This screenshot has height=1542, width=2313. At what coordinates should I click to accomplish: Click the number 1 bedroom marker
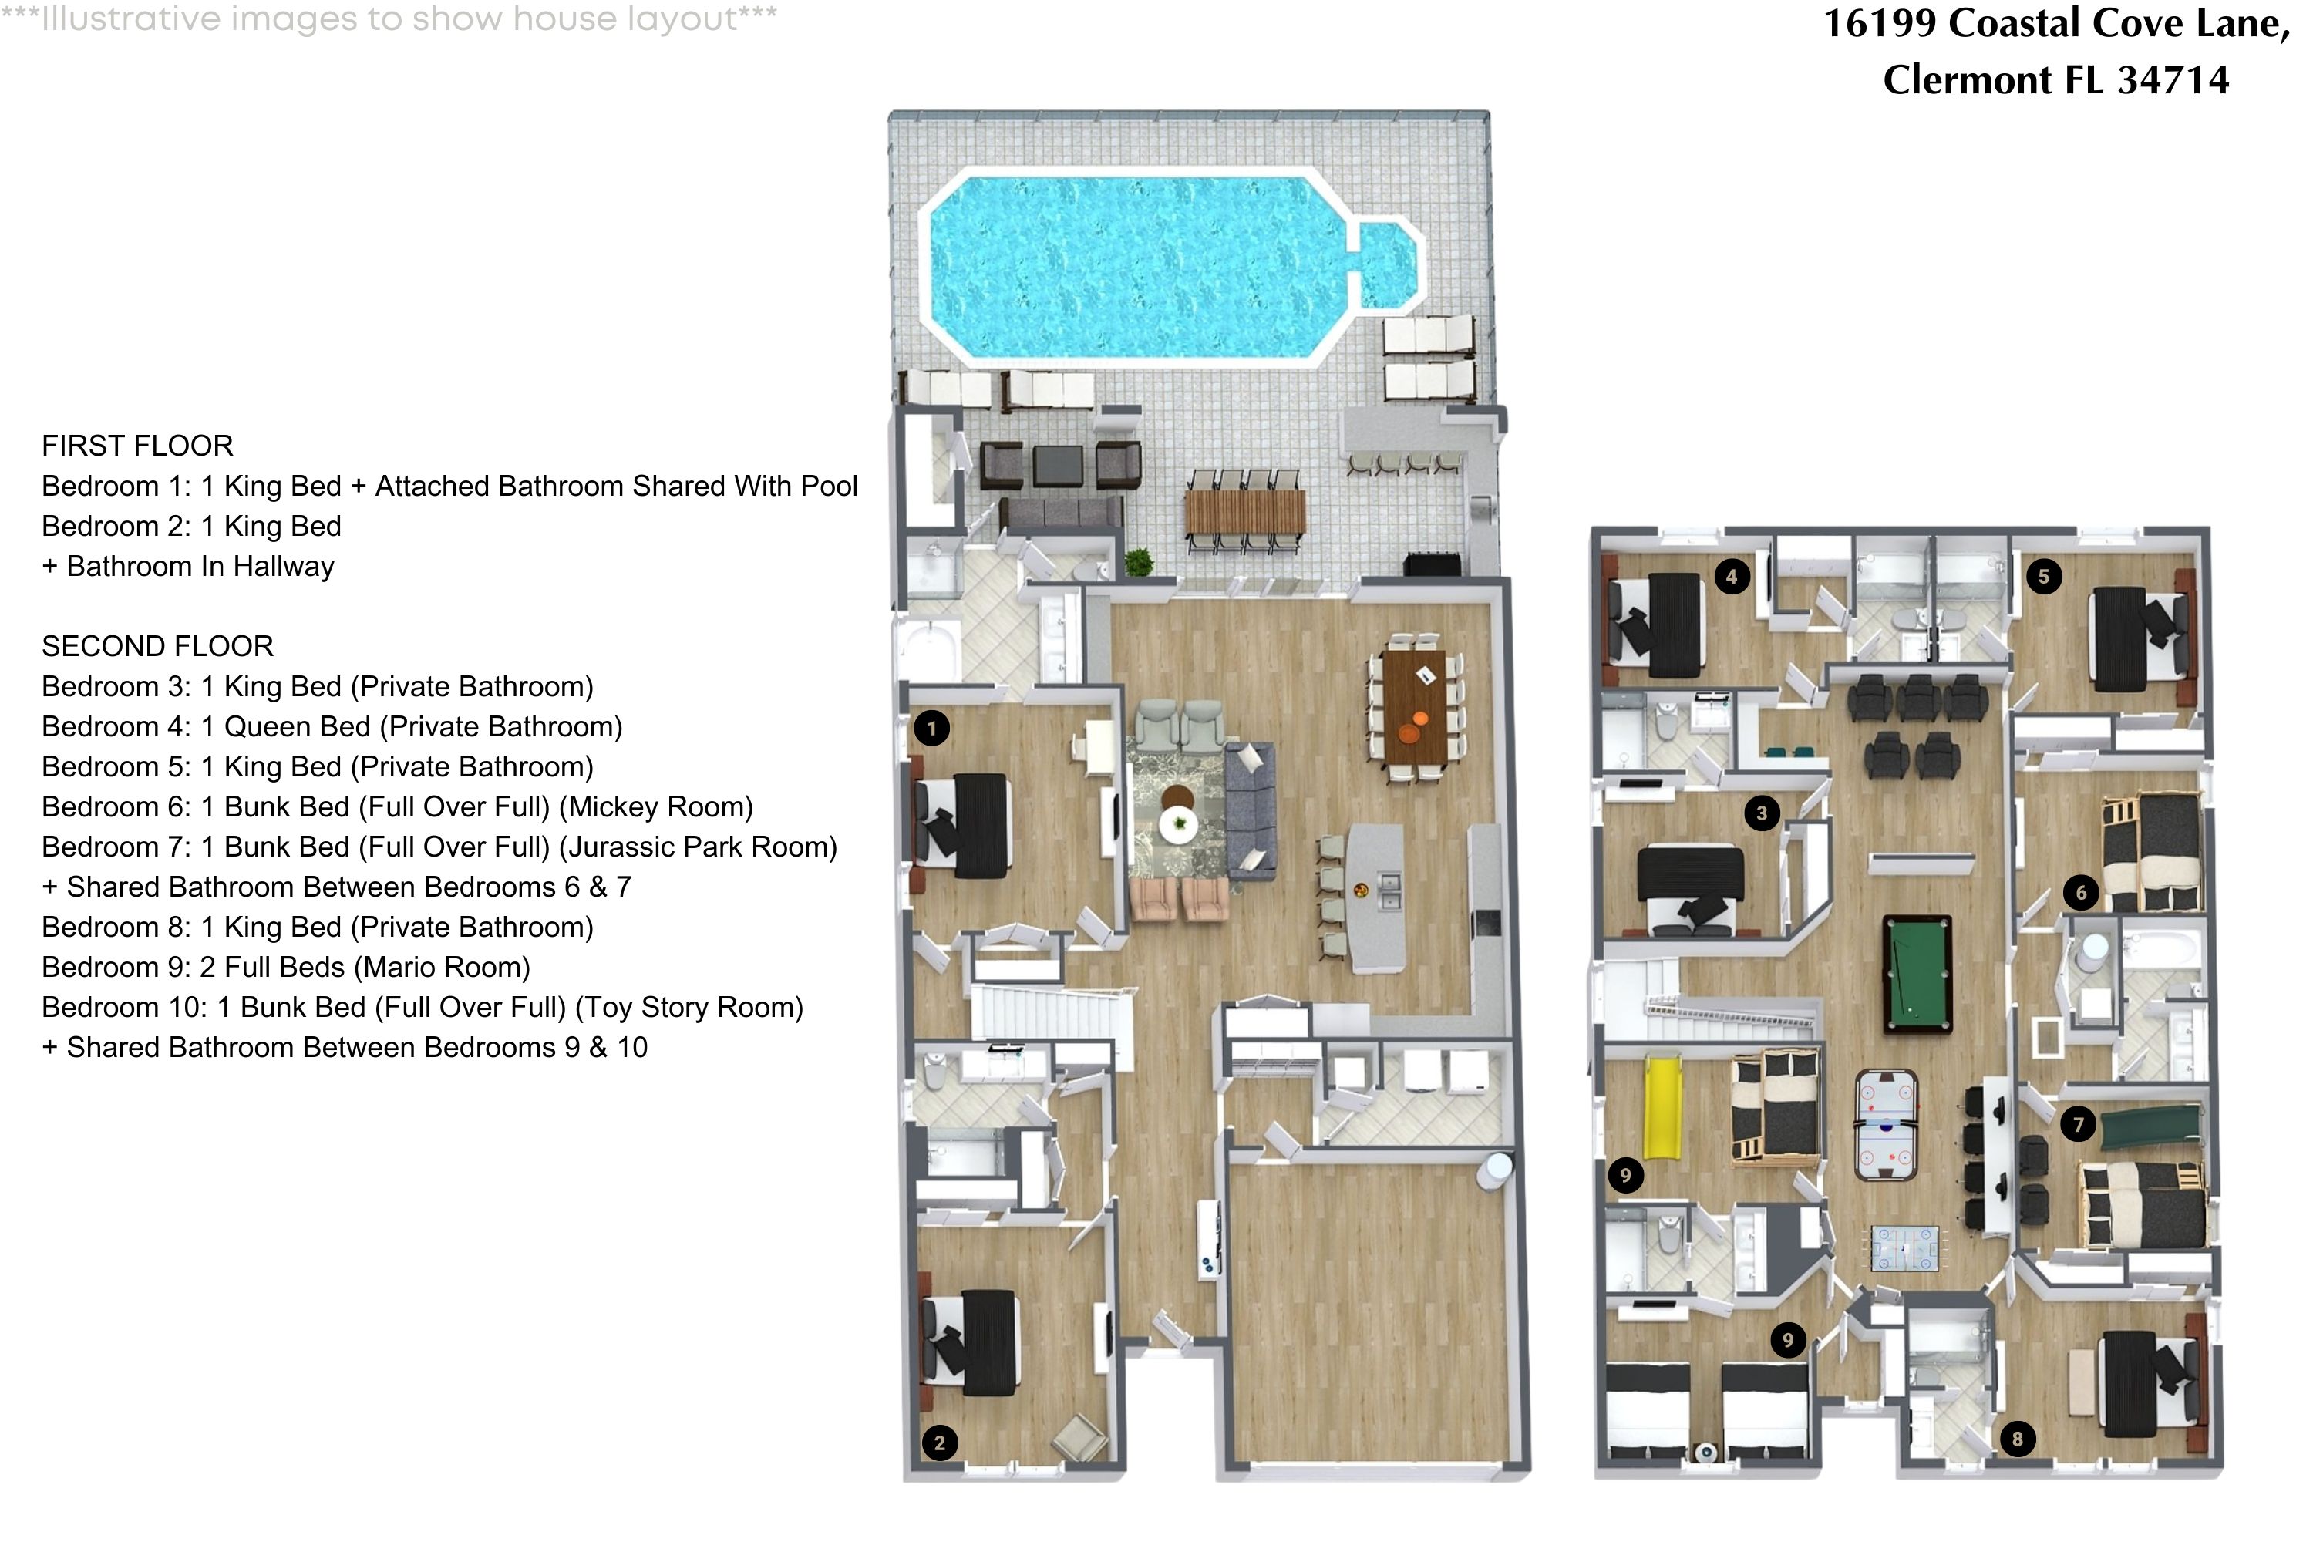[931, 729]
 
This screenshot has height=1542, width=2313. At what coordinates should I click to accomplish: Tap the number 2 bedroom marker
[939, 1443]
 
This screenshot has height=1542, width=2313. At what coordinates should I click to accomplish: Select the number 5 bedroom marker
[2044, 576]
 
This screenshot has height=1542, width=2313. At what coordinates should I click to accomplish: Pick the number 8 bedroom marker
[2017, 1439]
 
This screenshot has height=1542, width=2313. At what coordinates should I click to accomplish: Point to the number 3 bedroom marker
[1761, 813]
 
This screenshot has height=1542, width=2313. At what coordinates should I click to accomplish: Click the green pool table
[1917, 974]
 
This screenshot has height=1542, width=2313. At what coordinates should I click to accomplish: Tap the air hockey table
[1885, 1125]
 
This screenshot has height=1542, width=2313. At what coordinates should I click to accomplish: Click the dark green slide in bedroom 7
[2151, 1125]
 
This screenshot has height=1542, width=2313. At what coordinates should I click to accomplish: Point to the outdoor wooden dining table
[1245, 510]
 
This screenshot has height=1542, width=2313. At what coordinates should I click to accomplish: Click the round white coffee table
[1178, 824]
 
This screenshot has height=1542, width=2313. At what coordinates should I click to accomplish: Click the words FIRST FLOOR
[138, 446]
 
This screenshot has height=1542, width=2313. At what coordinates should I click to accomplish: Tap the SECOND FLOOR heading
[157, 646]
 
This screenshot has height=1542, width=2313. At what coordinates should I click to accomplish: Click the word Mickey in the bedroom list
[614, 806]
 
